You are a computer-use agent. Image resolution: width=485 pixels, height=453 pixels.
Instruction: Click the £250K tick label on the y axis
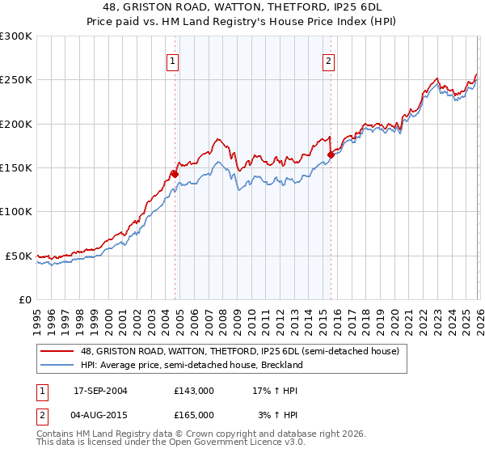tap(16, 80)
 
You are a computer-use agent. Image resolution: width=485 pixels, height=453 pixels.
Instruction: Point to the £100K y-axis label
tap(16, 212)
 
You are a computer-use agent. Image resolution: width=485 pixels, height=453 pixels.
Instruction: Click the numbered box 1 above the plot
tap(173, 61)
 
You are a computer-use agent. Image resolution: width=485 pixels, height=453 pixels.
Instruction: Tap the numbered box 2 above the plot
tap(329, 61)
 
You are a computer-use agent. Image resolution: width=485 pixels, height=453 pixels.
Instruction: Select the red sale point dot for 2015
tap(331, 155)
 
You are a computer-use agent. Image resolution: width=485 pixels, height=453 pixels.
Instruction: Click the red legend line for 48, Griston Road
tap(58, 351)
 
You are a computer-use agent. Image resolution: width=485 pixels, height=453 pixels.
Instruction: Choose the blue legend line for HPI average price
tap(58, 365)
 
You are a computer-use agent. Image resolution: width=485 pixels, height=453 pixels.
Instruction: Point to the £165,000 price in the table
tap(194, 415)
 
